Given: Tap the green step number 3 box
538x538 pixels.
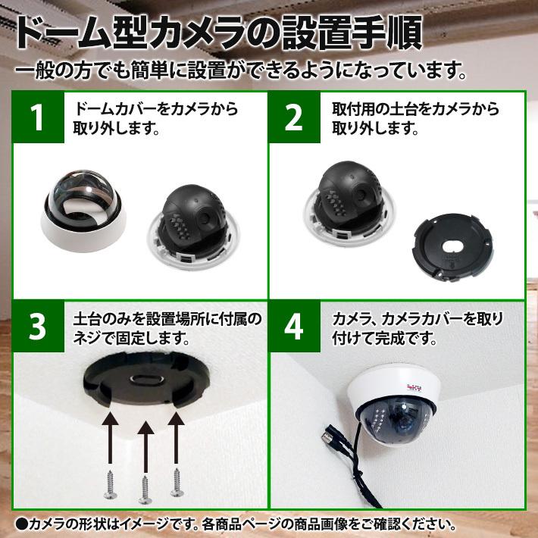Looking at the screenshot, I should (36, 326).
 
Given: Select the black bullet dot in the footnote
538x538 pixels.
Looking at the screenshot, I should (21, 524).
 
